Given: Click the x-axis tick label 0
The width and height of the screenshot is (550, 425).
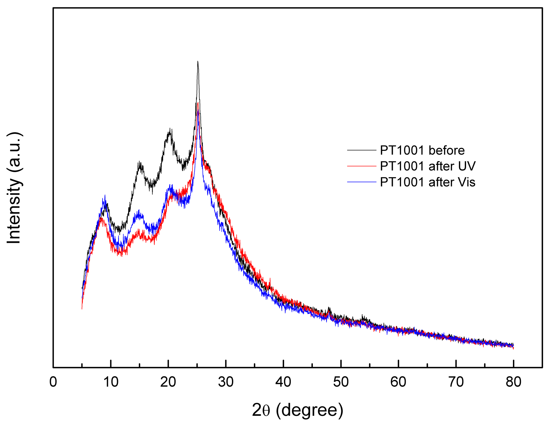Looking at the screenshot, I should pyautogui.click(x=53, y=382).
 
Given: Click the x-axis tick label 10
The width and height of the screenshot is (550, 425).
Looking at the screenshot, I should pyautogui.click(x=111, y=382).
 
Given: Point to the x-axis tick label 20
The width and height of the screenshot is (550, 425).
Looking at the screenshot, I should pyautogui.click(x=168, y=382).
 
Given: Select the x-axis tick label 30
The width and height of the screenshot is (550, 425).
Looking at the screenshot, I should pyautogui.click(x=226, y=382).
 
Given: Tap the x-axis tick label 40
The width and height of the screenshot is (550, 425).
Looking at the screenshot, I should pyautogui.click(x=283, y=382).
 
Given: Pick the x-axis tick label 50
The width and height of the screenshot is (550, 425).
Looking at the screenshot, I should pyautogui.click(x=341, y=382).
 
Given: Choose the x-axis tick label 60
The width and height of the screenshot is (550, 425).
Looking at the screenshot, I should pyautogui.click(x=398, y=382).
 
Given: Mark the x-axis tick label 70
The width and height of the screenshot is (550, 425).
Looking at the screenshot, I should pyautogui.click(x=456, y=382).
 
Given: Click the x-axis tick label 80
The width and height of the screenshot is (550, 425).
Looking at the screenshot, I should pyautogui.click(x=514, y=382).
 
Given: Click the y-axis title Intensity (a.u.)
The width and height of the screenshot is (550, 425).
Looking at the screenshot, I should pyautogui.click(x=14, y=188).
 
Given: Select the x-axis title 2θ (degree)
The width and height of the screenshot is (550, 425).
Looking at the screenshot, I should pyautogui.click(x=298, y=410).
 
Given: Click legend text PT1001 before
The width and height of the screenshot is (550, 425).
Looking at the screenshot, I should pyautogui.click(x=422, y=150).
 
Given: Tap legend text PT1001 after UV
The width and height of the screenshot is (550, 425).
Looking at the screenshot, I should pyautogui.click(x=428, y=166).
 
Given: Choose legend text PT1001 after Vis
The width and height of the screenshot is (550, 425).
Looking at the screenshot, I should pyautogui.click(x=428, y=182).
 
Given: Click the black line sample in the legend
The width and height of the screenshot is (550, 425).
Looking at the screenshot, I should pyautogui.click(x=362, y=150).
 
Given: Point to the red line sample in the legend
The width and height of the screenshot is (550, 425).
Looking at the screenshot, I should pyautogui.click(x=362, y=166).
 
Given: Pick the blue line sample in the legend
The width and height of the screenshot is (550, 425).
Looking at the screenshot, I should pyautogui.click(x=362, y=182).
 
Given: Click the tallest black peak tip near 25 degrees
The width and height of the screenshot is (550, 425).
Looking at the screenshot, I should pyautogui.click(x=198, y=62).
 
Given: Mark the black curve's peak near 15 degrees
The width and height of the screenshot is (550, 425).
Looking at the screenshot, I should pyautogui.click(x=140, y=162).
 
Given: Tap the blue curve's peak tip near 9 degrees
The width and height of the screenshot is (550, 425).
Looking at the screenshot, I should pyautogui.click(x=105, y=195).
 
